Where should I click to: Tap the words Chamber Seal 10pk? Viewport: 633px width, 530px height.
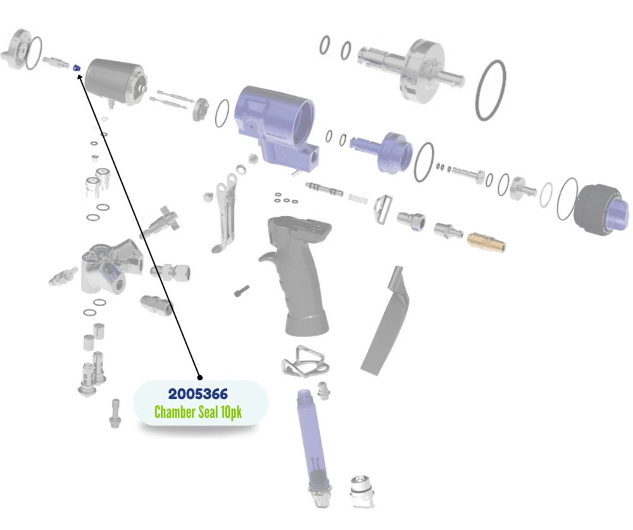pos(198,412)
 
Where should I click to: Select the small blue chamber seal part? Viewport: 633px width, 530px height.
pos(76,67)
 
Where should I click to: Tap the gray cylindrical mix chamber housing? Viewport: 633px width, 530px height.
pos(114,80)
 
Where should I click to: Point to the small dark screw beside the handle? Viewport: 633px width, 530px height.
pos(242,291)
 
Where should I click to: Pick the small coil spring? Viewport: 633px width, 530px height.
pos(359,199)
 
